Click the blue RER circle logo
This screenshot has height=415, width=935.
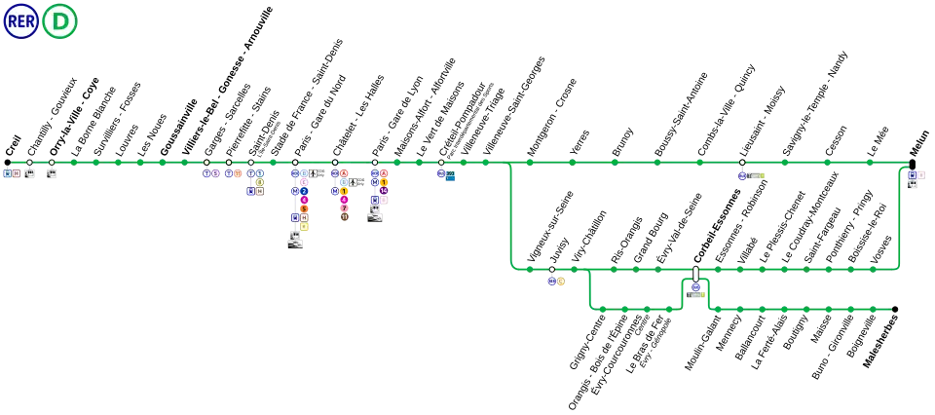[x=20, y=20]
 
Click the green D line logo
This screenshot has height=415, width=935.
[x=59, y=20]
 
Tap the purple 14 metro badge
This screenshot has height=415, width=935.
[x=384, y=191]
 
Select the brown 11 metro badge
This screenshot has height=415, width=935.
[x=344, y=217]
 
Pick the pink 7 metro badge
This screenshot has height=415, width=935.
[x=344, y=208]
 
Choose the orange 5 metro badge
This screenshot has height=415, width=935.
[x=304, y=208]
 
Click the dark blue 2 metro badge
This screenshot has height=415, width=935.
[x=304, y=191]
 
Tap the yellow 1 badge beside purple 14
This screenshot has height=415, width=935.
[x=384, y=182]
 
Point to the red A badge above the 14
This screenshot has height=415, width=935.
[x=384, y=173]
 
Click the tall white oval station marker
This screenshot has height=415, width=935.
[x=695, y=274]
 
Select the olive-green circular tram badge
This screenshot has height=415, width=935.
[x=259, y=182]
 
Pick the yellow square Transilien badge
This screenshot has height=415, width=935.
[x=304, y=226]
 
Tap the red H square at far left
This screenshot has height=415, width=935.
[x=17, y=173]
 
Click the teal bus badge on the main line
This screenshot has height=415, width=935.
[x=450, y=173]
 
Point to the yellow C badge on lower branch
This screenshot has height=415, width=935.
[x=561, y=282]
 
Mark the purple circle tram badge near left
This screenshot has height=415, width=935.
[x=215, y=173]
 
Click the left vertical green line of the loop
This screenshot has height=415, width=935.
[x=510, y=214]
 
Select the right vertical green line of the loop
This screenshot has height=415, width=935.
[x=900, y=214]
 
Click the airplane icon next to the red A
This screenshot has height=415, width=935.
[x=353, y=182]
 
